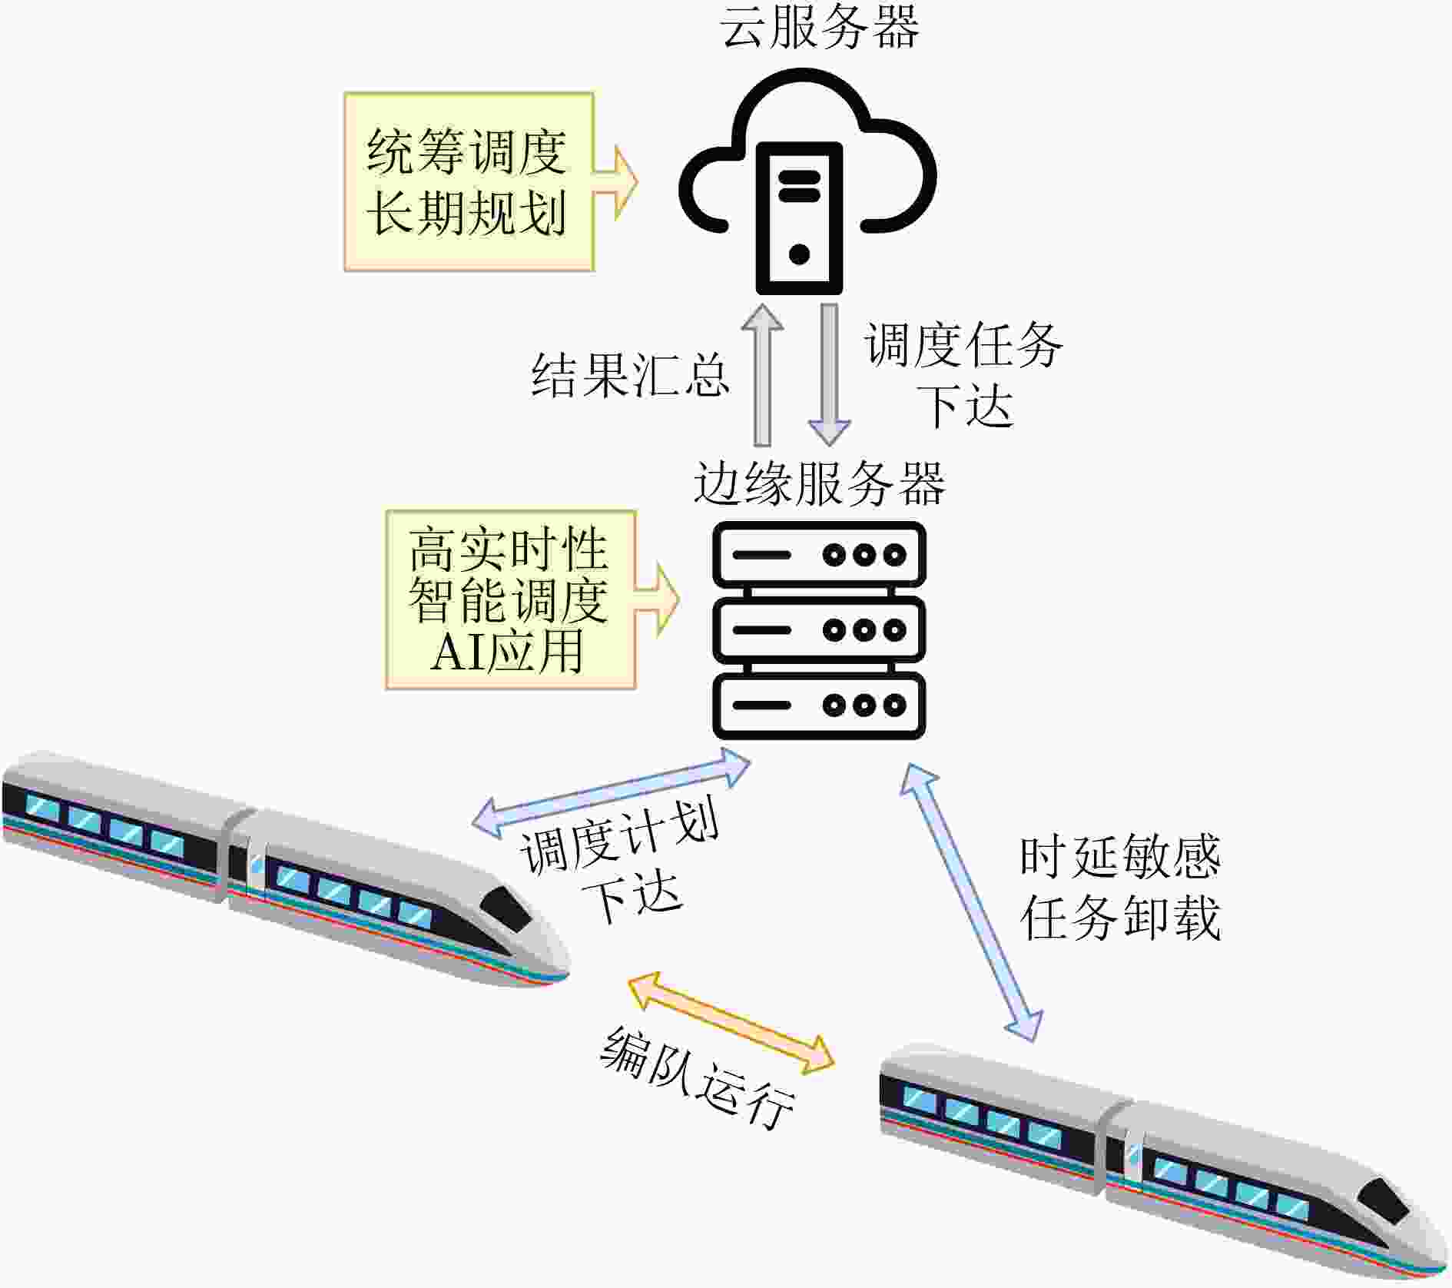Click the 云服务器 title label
(820, 28)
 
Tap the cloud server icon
(807, 181)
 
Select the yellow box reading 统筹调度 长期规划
(469, 182)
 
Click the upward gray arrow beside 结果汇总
(762, 374)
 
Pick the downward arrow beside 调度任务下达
(830, 374)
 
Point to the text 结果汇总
(630, 376)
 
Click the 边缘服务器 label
(819, 484)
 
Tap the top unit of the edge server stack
(820, 554)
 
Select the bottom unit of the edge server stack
(820, 705)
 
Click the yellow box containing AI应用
(511, 599)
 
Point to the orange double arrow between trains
(731, 1022)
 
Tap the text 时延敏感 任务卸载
(1120, 888)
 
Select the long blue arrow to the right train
(971, 902)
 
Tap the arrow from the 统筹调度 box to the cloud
(616, 183)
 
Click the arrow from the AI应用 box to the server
(658, 600)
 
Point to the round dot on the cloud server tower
(799, 253)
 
